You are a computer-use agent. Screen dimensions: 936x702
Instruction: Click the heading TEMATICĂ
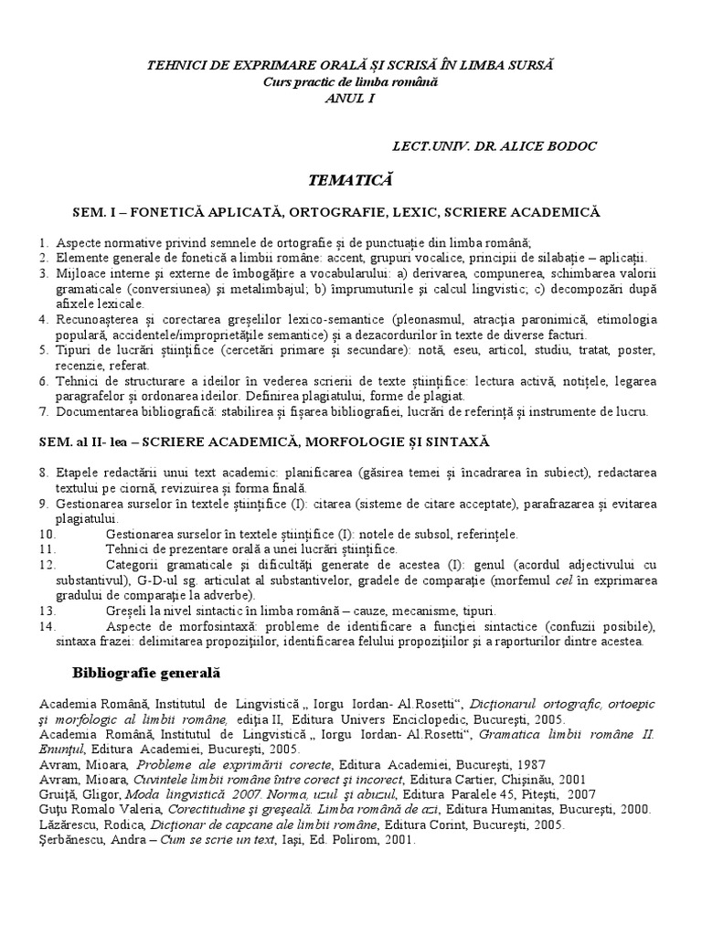point(351,176)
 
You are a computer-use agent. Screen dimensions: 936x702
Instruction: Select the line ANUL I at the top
point(350,97)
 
